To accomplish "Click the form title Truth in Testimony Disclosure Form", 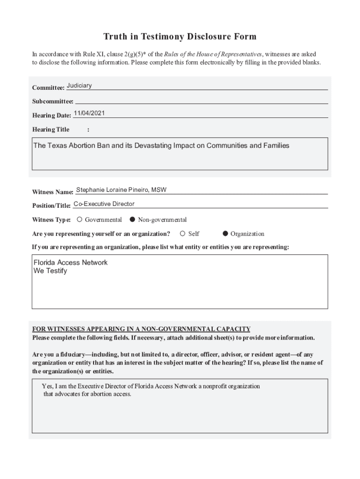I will [180, 36].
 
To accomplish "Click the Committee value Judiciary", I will [79, 86].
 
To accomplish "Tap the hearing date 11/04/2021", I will [89, 113].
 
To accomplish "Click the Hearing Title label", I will [50, 130].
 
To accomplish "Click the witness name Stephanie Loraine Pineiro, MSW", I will [121, 190].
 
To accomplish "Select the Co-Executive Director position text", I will [104, 204].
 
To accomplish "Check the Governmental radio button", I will [79, 219].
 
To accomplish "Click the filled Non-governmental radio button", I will [132, 219].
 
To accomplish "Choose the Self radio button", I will [183, 233].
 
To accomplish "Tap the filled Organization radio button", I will [225, 233].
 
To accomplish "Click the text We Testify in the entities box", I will [50, 271].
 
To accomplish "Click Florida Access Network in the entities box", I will [70, 262].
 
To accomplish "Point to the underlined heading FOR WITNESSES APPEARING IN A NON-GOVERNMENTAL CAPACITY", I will [141, 329].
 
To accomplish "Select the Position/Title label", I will [51, 206].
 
